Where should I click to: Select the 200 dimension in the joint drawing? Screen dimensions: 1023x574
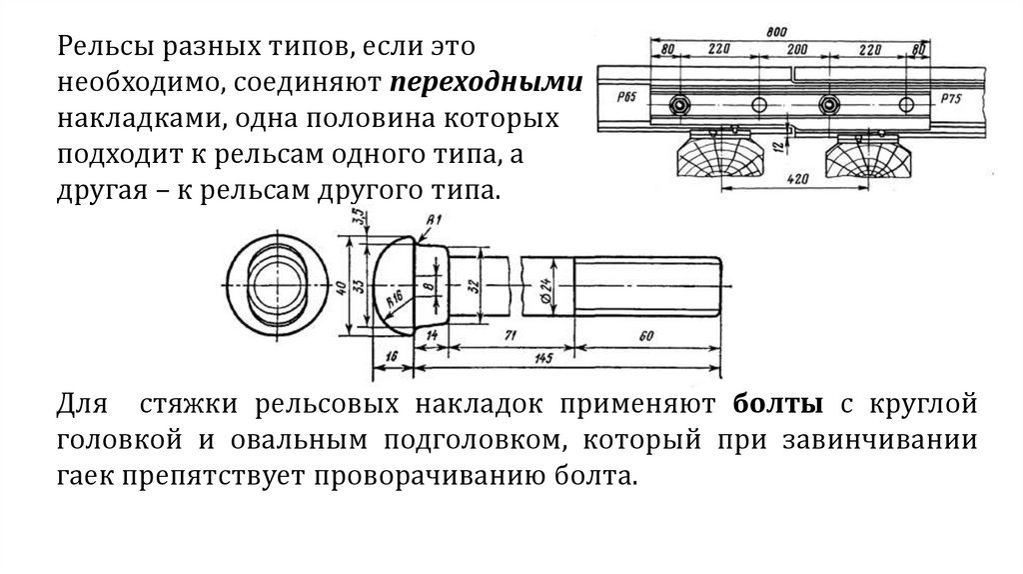[796, 48]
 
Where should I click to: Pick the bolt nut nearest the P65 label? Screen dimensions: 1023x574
[680, 104]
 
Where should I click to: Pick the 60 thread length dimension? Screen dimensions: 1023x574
[645, 337]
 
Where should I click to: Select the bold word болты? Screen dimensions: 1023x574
[779, 406]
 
